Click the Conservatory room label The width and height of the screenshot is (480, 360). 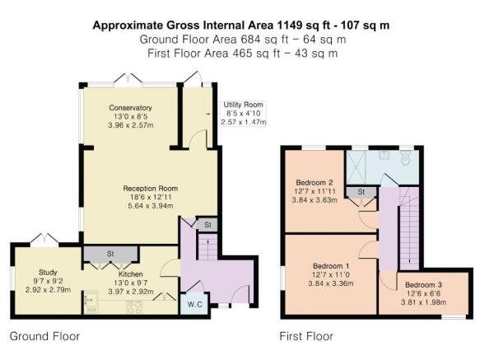coord(130,108)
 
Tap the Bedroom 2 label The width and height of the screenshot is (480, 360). coord(314,182)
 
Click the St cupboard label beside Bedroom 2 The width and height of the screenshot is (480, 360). coord(361,192)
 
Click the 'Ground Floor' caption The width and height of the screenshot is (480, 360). coord(44,336)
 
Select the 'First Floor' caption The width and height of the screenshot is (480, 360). coord(307,336)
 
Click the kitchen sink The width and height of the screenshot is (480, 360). coord(91,303)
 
